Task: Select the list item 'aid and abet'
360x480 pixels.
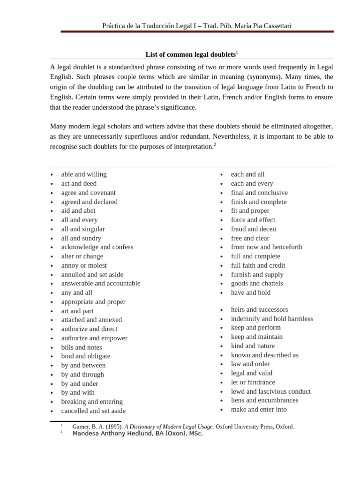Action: pos(78,211)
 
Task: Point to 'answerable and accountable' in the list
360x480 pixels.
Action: pos(100,284)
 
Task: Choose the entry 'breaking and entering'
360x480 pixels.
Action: pos(92,402)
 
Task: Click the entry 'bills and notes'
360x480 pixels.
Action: pos(82,347)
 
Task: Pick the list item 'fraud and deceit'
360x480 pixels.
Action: pos(254,229)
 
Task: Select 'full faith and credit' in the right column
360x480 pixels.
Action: pos(258,265)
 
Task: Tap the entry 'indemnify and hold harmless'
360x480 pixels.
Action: pos(272,319)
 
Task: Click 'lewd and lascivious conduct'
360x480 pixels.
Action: pos(270,391)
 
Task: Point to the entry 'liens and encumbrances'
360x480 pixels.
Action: pos(264,400)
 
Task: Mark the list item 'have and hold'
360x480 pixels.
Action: pos(250,292)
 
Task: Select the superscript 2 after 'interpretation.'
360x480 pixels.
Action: pos(215,144)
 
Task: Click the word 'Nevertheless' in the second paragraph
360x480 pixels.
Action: pos(231,136)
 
